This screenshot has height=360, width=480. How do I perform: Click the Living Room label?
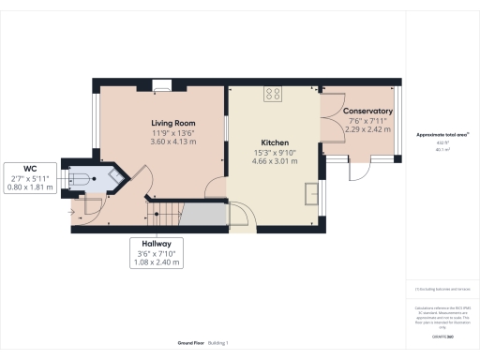point(172,123)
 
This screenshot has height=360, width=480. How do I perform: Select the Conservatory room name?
point(367,111)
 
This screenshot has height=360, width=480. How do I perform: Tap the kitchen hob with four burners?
point(275,93)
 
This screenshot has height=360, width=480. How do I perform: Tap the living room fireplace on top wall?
point(162,84)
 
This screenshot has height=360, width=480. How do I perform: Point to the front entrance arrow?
point(72,209)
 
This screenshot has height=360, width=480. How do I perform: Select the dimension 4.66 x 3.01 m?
point(274,161)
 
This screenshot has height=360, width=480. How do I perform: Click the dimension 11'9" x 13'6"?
point(172,132)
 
